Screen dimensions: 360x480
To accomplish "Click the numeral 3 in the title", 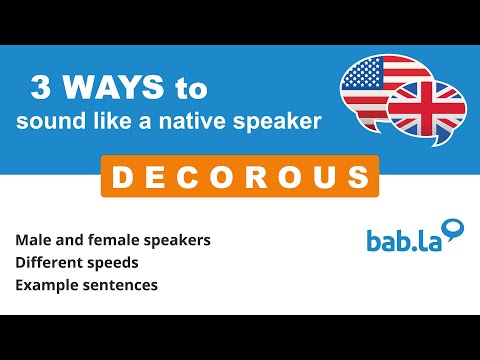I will point(42,87).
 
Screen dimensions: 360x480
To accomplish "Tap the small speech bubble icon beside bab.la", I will point(454,230).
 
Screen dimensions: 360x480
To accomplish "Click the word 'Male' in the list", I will point(34,241).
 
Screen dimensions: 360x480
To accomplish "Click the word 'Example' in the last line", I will point(48,285).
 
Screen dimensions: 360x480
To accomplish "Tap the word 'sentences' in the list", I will point(125,285).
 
